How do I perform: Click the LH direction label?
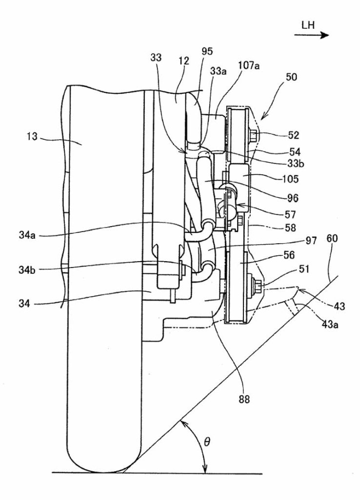pos(308,25)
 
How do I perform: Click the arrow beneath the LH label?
pos(312,35)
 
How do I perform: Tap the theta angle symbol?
pos(207,442)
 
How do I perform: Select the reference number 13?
pos(32,137)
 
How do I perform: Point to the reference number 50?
pos(291,77)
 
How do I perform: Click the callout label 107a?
pos(248,66)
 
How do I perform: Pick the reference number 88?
pos(244,399)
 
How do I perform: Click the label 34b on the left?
pos(27,270)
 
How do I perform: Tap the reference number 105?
pos(290,179)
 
